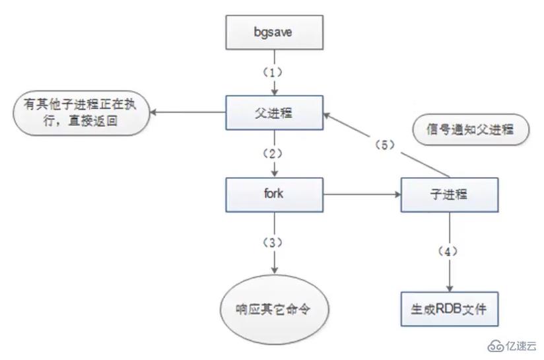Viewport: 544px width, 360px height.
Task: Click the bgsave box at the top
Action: (274, 31)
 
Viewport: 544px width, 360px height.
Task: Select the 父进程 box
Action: (274, 113)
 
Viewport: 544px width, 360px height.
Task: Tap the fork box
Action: (274, 195)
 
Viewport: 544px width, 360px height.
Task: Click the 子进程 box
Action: (450, 195)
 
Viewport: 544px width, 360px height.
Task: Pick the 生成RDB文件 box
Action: (450, 308)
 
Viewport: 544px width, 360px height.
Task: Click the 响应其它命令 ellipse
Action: (274, 308)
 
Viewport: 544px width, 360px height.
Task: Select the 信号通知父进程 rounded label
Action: (470, 130)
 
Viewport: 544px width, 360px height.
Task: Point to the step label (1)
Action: (274, 71)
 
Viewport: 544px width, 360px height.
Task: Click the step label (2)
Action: (274, 153)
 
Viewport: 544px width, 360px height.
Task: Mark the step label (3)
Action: (274, 242)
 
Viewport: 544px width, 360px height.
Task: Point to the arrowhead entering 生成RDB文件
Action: (450, 287)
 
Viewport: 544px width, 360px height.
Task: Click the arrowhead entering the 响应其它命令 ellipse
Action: (274, 270)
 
